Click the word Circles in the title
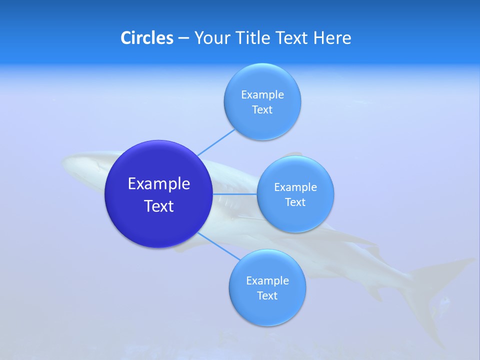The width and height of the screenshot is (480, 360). click(x=146, y=38)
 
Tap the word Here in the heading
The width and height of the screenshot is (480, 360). click(x=332, y=38)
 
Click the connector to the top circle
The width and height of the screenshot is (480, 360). click(x=216, y=142)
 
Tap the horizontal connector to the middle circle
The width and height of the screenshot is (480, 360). click(x=235, y=194)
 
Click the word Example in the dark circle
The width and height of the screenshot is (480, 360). click(x=159, y=184)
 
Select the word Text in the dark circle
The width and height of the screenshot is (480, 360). click(x=159, y=206)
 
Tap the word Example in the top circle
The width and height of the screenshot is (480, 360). click(x=262, y=94)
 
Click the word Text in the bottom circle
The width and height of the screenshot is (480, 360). click(x=267, y=296)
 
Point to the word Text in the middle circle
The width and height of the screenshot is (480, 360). click(x=295, y=202)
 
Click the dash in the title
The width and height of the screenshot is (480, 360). click(x=183, y=38)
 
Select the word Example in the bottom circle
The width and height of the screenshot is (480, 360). click(x=267, y=280)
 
